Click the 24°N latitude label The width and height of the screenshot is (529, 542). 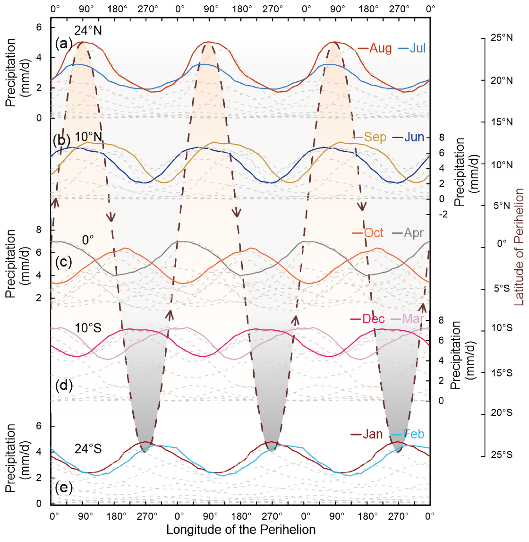(x=88, y=31)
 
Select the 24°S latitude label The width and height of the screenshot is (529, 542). (x=88, y=449)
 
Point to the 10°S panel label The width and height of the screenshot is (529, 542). (x=88, y=328)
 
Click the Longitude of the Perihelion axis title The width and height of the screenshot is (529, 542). (x=241, y=529)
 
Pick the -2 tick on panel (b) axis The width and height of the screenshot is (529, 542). (x=443, y=214)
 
